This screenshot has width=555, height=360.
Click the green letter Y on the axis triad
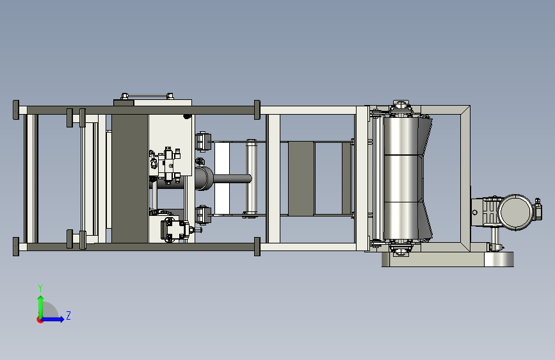coord(40,288)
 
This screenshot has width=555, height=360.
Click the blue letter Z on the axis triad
coord(68,315)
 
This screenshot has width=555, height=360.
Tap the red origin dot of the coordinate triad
coord(39,320)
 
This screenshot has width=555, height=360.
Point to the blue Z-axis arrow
coord(53,319)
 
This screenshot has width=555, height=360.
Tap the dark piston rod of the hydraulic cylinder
coord(232,179)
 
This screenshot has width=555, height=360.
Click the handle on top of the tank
coord(147,95)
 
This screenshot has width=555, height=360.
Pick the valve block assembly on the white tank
coord(166,166)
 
